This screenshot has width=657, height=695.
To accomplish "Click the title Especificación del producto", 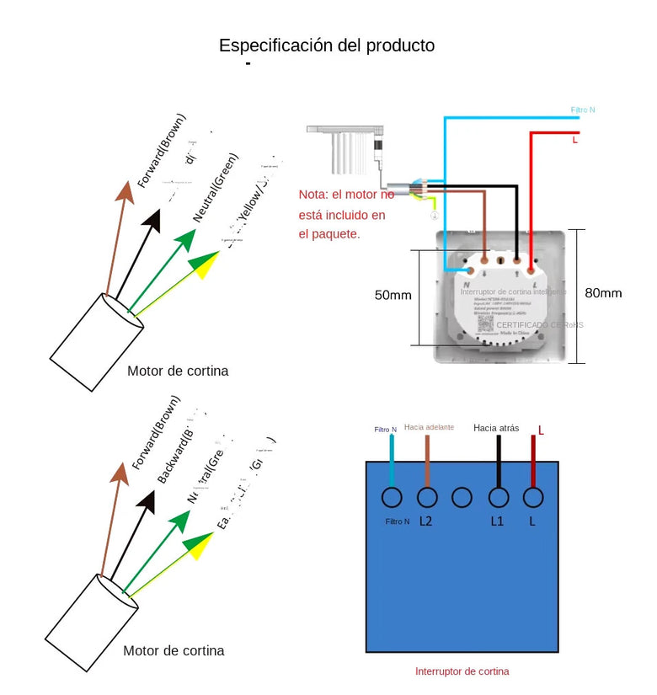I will (x=327, y=45).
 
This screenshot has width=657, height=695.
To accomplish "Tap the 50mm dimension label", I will (x=393, y=295).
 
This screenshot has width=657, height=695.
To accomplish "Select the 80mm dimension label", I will (x=603, y=293).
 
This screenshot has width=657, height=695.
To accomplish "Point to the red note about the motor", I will (x=345, y=214).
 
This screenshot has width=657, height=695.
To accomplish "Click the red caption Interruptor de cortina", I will (x=462, y=671).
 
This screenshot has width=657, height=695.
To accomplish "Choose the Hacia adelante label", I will (x=429, y=427).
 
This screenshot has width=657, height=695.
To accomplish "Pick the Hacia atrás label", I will (x=496, y=428).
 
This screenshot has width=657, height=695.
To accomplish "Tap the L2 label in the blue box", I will (x=426, y=521).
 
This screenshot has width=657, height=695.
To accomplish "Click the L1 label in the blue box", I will (x=497, y=521).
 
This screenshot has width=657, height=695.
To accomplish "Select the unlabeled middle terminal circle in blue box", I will (x=462, y=497).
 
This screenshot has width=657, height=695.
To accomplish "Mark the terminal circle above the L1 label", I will (x=498, y=497).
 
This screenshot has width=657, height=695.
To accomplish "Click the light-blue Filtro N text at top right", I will (x=583, y=110).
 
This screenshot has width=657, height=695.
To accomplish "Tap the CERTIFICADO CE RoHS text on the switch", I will (x=539, y=324).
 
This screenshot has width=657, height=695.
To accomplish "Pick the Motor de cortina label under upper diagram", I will (x=178, y=371).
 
